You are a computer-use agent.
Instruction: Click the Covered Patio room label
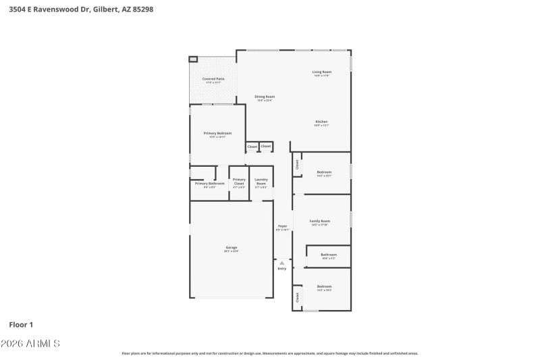click(214, 79)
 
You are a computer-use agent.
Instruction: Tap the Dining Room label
click(265, 97)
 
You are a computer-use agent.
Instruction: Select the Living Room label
click(321, 72)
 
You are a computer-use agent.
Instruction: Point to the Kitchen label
click(321, 122)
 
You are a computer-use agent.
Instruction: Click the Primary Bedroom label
click(218, 133)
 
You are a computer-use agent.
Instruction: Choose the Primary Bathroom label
click(209, 184)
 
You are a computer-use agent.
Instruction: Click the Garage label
click(232, 247)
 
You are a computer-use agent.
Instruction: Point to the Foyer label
click(282, 226)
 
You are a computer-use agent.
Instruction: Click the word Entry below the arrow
click(282, 269)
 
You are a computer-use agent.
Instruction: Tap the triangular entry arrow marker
click(282, 263)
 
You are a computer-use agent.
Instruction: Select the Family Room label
click(320, 222)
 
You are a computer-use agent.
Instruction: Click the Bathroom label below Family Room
click(329, 255)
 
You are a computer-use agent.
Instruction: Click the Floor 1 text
click(21, 324)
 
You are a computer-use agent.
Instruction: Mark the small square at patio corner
click(192, 59)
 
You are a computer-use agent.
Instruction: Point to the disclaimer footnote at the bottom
click(270, 353)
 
